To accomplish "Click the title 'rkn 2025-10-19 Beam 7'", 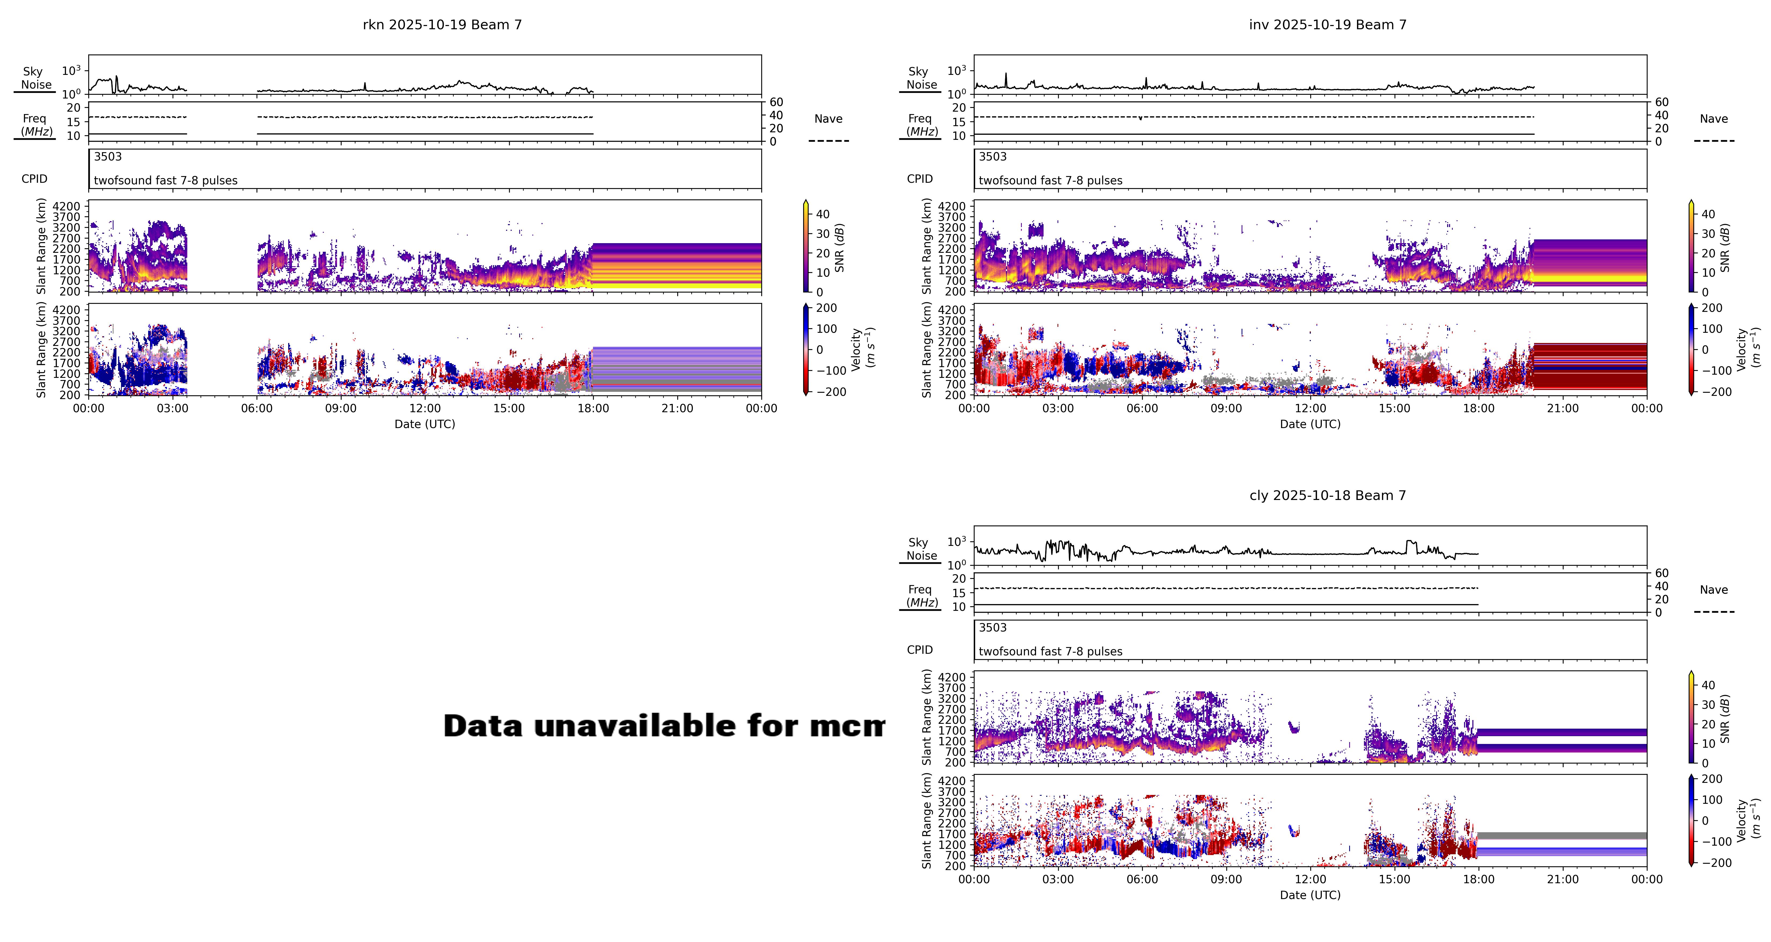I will click(x=442, y=25).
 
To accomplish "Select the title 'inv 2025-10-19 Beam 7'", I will click(x=1327, y=25).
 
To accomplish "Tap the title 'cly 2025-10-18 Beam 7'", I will click(x=1327, y=496).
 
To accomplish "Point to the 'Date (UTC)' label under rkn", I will click(x=424, y=424).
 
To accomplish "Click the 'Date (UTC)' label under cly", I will click(x=1310, y=895).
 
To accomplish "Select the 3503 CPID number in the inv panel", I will click(x=992, y=157).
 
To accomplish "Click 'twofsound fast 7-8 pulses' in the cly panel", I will click(x=1050, y=651).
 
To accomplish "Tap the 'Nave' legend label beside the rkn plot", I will click(x=828, y=119).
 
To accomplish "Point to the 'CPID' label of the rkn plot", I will click(x=34, y=179).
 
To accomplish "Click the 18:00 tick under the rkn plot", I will click(x=593, y=408).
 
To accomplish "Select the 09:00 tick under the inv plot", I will click(x=1226, y=408).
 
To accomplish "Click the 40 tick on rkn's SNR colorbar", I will click(x=822, y=214).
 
